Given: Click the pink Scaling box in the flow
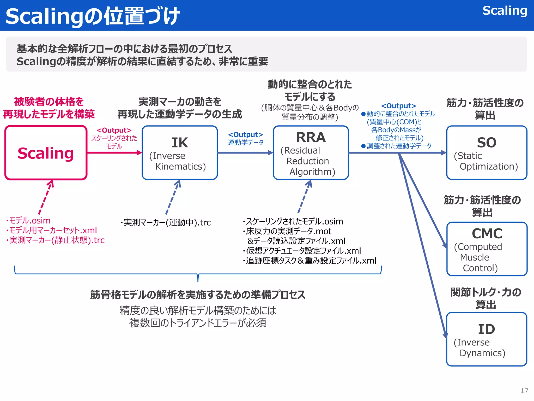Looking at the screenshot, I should click(x=46, y=153).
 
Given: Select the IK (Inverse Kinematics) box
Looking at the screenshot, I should click(x=180, y=153).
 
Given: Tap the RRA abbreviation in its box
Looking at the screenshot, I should click(x=311, y=137).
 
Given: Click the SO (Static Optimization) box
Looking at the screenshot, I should click(x=487, y=153).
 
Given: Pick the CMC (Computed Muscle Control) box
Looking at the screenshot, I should click(x=487, y=249).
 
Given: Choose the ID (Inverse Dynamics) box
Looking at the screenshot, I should click(x=487, y=339).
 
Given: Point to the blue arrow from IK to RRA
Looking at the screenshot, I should click(x=245, y=153).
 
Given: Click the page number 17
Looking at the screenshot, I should click(x=524, y=391).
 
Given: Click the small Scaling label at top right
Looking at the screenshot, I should click(x=505, y=11).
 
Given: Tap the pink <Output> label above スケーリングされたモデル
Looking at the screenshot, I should click(x=114, y=130).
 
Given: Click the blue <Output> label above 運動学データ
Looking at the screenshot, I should click(x=245, y=134).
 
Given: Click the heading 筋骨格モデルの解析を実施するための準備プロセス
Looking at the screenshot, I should click(x=198, y=295).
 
